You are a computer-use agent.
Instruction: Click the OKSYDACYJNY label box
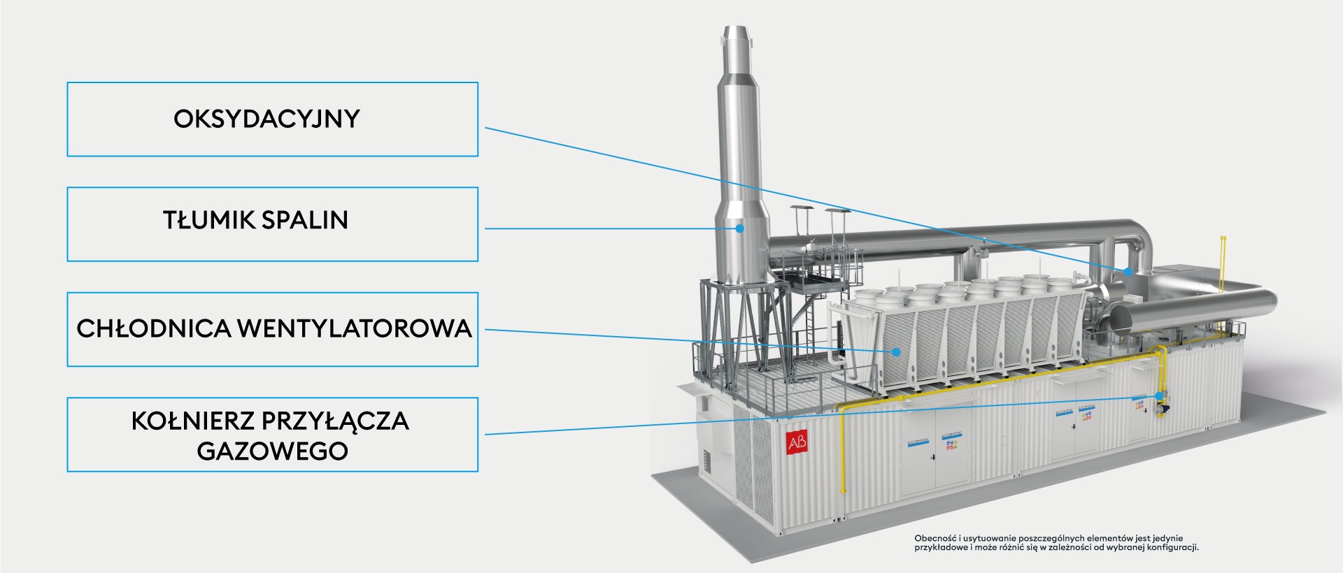click(272, 119)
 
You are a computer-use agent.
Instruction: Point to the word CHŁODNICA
click(153, 328)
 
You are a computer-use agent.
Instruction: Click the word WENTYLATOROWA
click(354, 328)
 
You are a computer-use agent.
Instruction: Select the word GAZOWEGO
click(272, 451)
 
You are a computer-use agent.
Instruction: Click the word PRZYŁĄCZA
click(335, 421)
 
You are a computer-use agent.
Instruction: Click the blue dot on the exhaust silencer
click(739, 228)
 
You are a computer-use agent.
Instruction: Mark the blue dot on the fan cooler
click(896, 351)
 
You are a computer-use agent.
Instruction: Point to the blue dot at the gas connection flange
click(1159, 396)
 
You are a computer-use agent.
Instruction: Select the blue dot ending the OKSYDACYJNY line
click(1128, 271)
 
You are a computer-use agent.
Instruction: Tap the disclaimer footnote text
click(1056, 543)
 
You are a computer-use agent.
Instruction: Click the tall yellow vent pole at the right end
click(1222, 266)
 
